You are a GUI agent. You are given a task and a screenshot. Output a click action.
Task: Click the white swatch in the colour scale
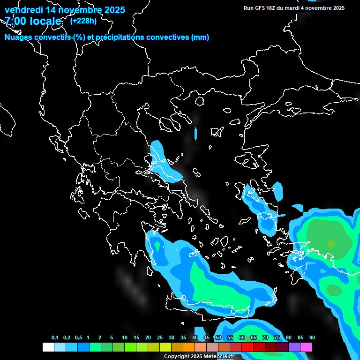(48, 347)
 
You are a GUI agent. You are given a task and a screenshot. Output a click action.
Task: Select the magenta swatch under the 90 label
(306, 347)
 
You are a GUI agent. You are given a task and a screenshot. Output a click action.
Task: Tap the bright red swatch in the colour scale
(247, 347)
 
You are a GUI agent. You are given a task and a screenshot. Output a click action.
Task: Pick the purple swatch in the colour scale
(294, 347)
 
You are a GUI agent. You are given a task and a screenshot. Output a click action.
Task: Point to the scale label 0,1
(55, 338)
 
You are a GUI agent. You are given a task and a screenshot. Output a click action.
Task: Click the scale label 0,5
(78, 338)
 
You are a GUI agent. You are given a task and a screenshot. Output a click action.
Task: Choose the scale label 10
(125, 338)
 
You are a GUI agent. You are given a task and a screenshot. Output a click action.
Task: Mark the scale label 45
(207, 338)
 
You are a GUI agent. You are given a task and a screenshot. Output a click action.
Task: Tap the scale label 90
(312, 338)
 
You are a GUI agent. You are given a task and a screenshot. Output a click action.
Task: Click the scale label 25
(160, 338)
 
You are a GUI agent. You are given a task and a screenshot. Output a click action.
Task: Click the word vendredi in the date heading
(23, 10)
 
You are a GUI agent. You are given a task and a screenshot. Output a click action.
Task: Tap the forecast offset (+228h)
(83, 21)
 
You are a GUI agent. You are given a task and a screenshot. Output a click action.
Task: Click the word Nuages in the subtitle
(19, 37)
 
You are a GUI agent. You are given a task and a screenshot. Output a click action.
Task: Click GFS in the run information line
(262, 8)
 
